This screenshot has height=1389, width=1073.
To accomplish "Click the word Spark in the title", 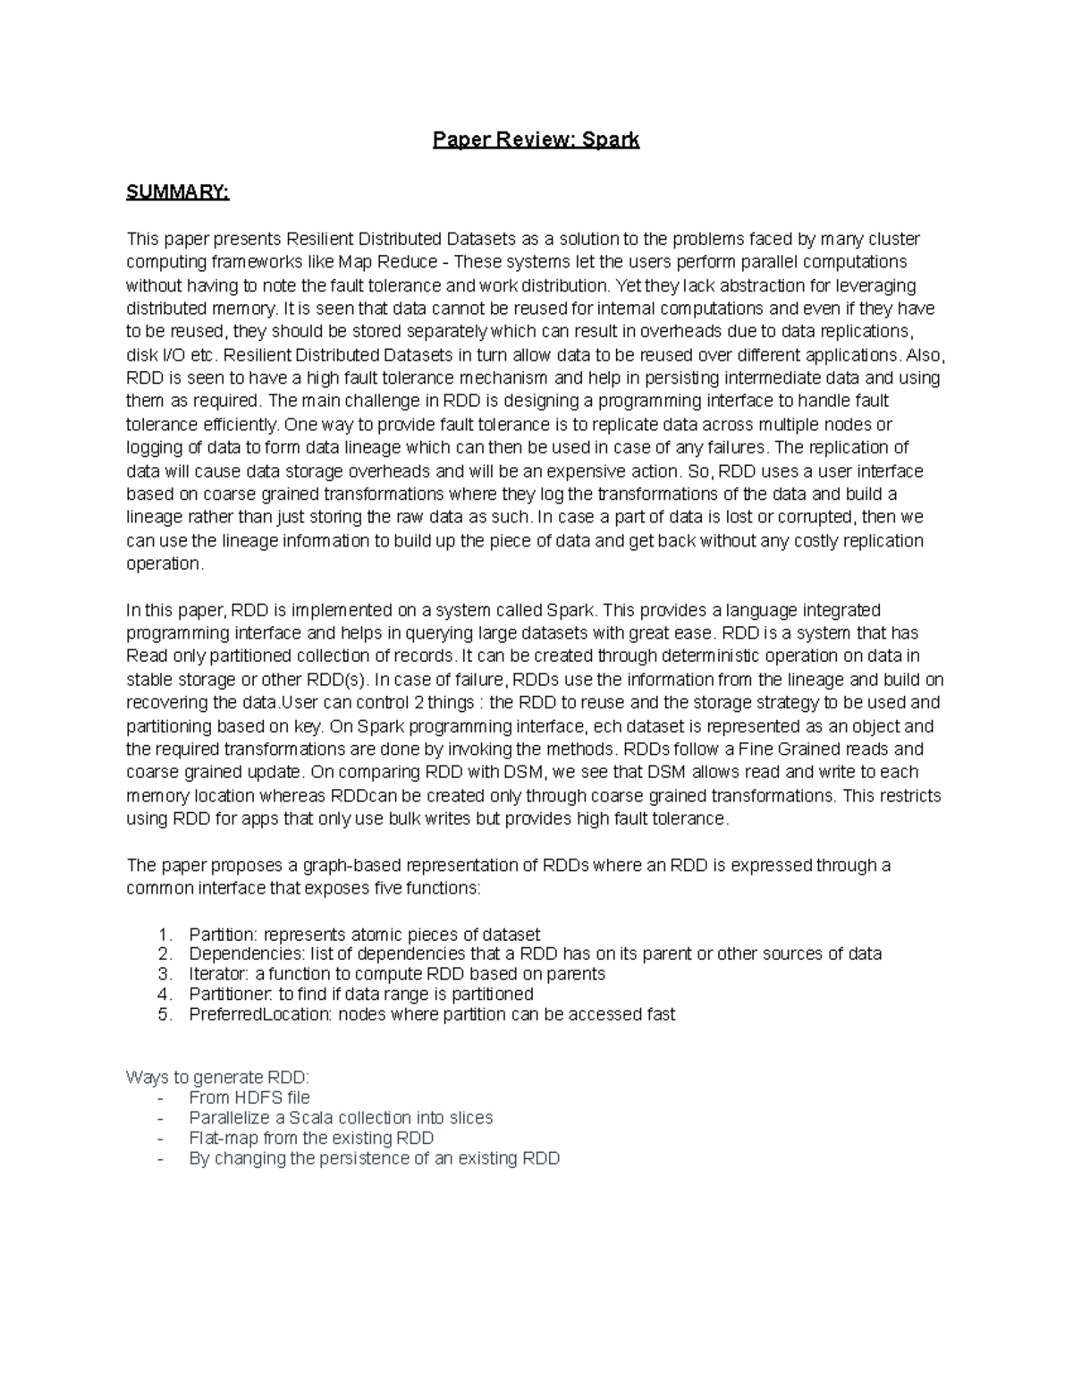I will [611, 140].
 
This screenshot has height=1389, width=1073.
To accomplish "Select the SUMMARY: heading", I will [178, 192].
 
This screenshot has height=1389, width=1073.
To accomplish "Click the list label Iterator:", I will [219, 974].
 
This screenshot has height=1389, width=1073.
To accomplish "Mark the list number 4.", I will [163, 995].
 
